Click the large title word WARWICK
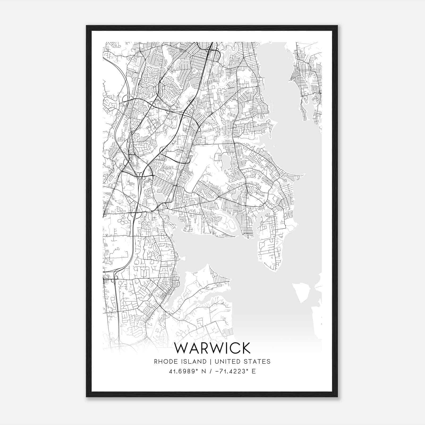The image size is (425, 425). click(x=212, y=348)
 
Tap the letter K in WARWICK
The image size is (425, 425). click(x=245, y=348)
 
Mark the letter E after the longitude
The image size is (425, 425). click(x=254, y=371)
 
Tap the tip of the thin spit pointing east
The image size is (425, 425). click(x=304, y=175)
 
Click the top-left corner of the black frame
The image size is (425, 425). click(x=87, y=26)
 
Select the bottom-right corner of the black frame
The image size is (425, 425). click(x=337, y=397)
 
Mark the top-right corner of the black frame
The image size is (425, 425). click(x=337, y=26)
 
